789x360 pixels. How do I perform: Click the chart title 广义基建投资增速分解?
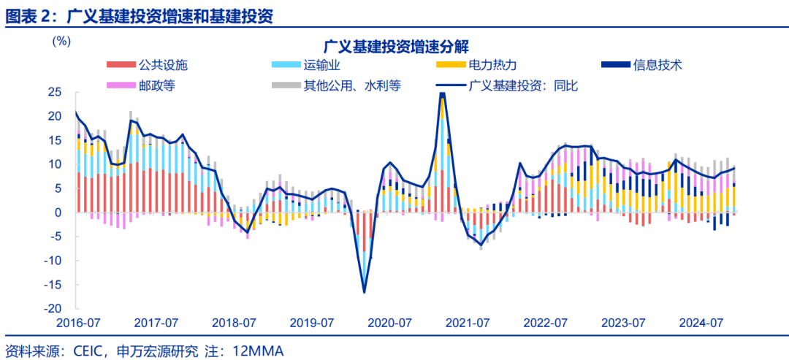coord(394,47)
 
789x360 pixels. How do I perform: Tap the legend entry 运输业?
coord(322,64)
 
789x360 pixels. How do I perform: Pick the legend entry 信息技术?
coord(657,64)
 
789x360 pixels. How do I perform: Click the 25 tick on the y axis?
coord(56,92)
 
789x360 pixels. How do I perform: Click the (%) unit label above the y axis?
coord(62,41)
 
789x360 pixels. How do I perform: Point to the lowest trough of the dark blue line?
coord(364,292)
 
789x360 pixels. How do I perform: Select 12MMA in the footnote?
coord(257,351)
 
